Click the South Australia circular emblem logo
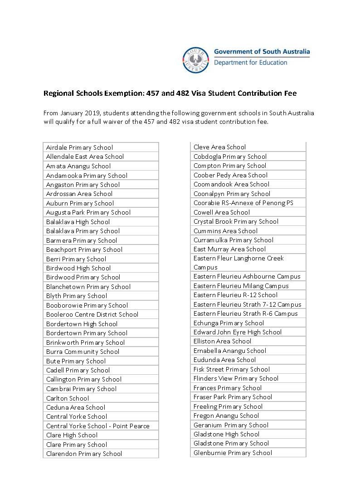pos(196,60)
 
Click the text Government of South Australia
pos(262,52)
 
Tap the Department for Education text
pos(250,63)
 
